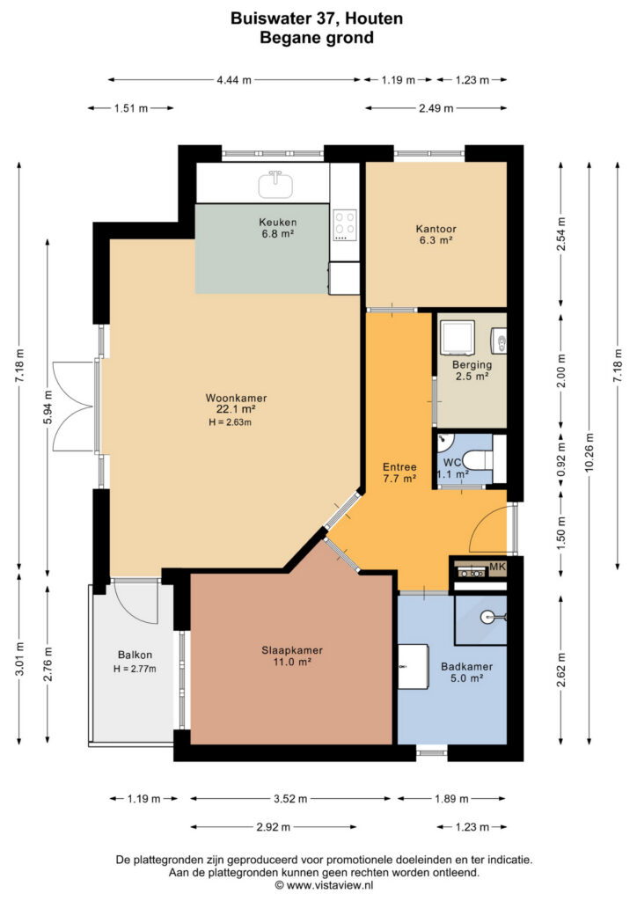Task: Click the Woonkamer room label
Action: coord(236,399)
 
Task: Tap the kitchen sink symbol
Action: coord(275,185)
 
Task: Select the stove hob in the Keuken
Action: coord(345,226)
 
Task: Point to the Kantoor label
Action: coord(436,229)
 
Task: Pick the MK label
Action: coord(497,568)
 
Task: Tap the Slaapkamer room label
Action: coord(292,650)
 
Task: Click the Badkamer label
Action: coord(466,667)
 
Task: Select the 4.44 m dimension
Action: coord(234,80)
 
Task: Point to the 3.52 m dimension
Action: coord(290,799)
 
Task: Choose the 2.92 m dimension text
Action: coord(273,827)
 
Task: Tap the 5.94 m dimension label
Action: coord(48,407)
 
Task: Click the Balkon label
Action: coord(135,655)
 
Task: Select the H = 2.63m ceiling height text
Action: coord(231,422)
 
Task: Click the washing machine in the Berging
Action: coord(458,337)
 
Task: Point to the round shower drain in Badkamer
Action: coord(487,617)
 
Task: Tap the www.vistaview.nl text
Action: coord(330,885)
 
